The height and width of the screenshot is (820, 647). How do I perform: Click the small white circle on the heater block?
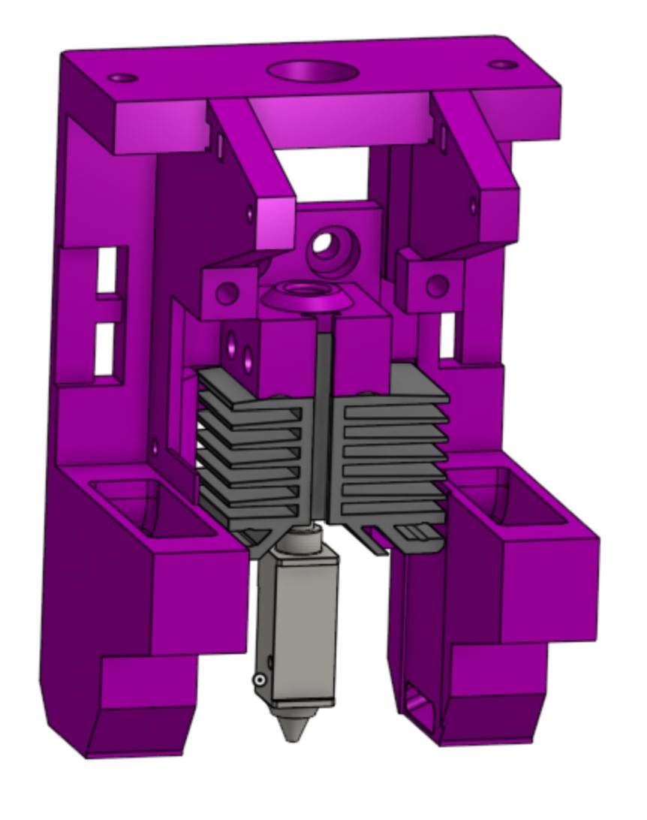click(259, 680)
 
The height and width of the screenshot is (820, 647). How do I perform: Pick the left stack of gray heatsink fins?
click(248, 451)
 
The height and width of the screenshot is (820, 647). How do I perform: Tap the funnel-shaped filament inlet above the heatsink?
click(308, 293)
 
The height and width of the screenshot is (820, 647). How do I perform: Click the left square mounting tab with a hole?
click(227, 293)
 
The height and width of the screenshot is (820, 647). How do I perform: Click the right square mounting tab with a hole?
click(435, 286)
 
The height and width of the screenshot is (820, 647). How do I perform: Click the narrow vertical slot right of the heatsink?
click(448, 335)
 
